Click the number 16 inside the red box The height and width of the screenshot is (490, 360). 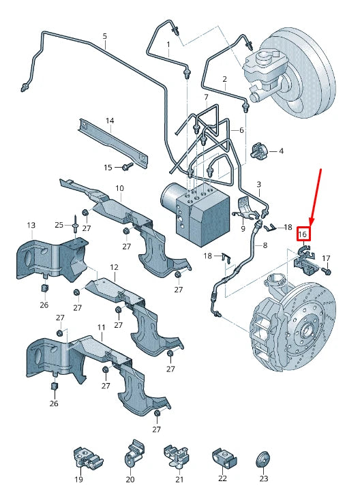pos(303,234)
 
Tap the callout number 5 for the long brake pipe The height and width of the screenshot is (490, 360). pos(105,36)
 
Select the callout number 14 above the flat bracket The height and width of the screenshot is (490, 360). pos(110,121)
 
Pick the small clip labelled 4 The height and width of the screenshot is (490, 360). pos(259,151)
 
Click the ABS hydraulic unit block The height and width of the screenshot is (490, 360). pos(196,213)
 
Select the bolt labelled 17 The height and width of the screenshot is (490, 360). pos(327,271)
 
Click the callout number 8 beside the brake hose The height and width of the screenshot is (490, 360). pos(265,245)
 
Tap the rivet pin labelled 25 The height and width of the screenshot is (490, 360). pos(76,225)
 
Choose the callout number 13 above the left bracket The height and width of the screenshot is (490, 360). pos(31,225)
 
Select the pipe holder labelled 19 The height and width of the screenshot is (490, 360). pos(87,458)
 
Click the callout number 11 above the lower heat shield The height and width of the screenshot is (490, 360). pos(101,327)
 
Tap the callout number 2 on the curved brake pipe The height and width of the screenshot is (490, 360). pos(224,79)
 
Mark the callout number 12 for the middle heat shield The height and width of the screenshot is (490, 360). pos(114,267)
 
